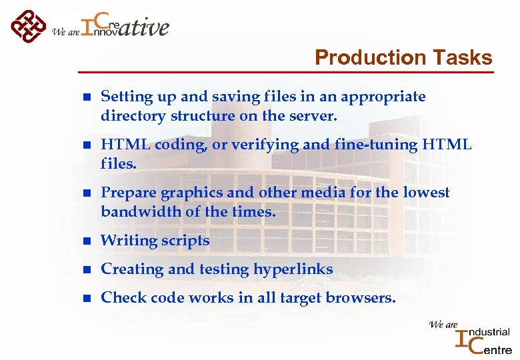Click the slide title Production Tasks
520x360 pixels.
(x=403, y=57)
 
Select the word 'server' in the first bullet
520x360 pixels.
(x=315, y=116)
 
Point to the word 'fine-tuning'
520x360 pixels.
(x=378, y=145)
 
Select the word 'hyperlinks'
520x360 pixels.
(x=293, y=269)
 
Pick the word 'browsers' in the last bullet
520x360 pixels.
(x=363, y=298)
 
